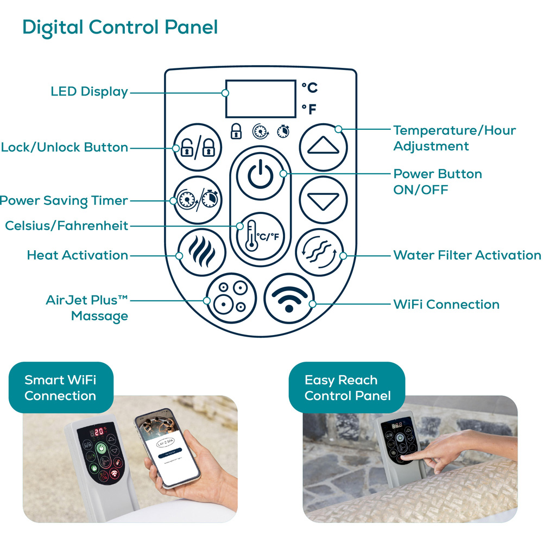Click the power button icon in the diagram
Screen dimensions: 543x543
[261, 176]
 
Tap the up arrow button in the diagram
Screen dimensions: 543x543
[323, 147]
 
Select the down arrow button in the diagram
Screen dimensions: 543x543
[323, 200]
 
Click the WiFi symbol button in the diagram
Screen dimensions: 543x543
[289, 299]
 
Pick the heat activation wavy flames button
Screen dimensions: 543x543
[202, 252]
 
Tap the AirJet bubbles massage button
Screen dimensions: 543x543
[231, 298]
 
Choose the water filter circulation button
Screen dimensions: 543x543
[320, 252]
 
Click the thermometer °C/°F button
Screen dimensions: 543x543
[261, 236]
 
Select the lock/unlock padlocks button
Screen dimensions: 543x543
[198, 147]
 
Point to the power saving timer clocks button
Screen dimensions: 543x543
[198, 200]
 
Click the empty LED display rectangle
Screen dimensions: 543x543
[261, 99]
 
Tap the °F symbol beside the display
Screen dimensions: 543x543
[310, 109]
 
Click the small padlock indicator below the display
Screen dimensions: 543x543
[236, 131]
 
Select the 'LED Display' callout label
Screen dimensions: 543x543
[90, 92]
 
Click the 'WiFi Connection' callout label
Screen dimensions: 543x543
[446, 305]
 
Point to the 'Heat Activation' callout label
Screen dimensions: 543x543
[78, 255]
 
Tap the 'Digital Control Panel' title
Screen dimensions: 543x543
[120, 28]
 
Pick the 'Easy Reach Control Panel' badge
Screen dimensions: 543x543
[347, 388]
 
